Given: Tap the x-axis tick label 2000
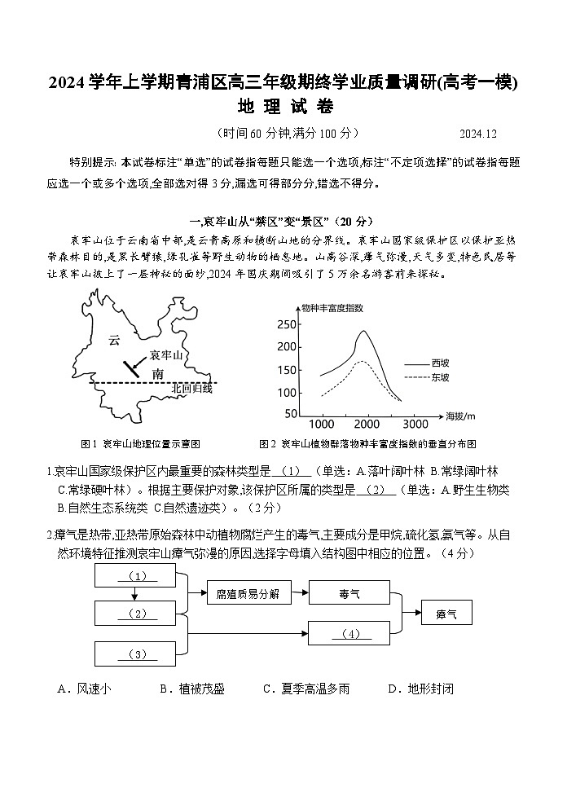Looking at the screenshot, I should point(367,425).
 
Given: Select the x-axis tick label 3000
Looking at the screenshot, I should point(415,425).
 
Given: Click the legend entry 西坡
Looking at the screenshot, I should point(440,362).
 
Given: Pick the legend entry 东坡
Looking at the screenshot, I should point(440,377).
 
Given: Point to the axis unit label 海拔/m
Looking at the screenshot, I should point(460,416).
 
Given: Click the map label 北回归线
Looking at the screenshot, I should point(191,389).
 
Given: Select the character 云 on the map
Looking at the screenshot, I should point(114,341).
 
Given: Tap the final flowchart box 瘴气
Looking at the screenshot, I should point(447,614).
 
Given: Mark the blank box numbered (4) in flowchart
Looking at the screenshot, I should point(350,633).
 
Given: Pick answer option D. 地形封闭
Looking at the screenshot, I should point(420,689).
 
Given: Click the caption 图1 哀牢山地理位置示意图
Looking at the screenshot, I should point(141,444).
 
